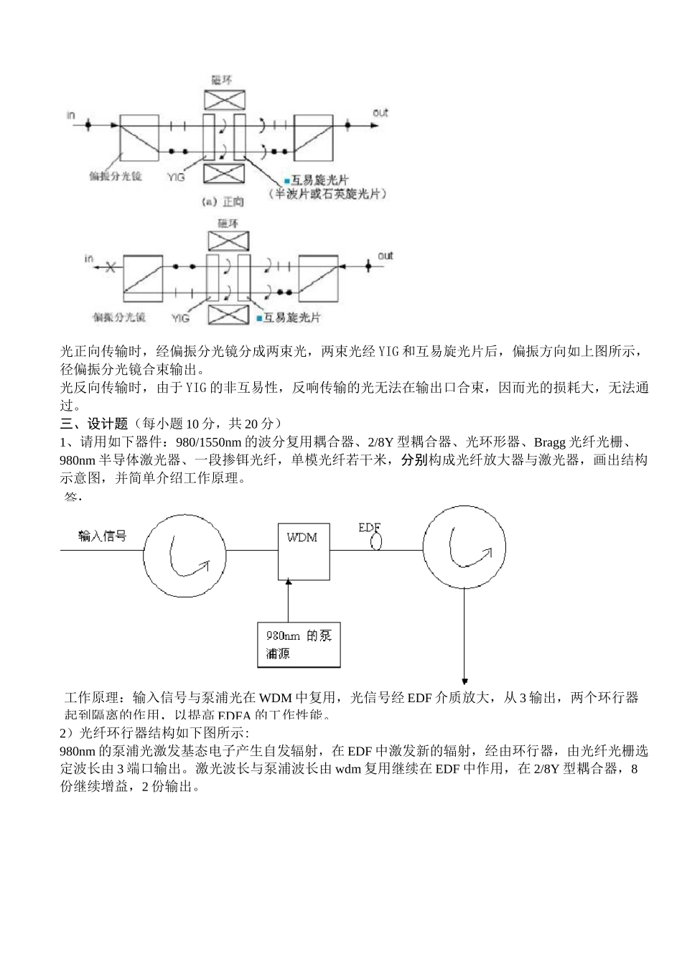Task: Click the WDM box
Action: coord(304,551)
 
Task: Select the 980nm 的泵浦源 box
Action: coord(299,644)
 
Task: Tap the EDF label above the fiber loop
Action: coord(368,528)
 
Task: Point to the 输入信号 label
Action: coord(103,536)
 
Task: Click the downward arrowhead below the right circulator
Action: coord(464,681)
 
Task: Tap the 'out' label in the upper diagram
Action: coord(380,113)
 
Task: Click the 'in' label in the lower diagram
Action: coord(89,258)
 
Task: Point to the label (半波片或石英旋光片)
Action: coord(328,194)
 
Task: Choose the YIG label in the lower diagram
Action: coord(181,316)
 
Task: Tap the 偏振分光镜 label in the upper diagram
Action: coord(116,176)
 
